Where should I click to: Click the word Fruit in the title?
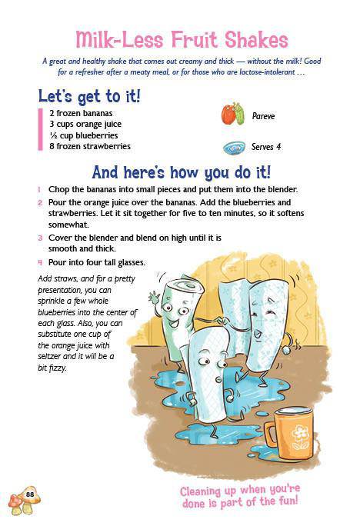(x=195, y=40)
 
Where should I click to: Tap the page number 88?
(x=30, y=494)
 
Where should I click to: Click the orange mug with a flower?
(x=287, y=434)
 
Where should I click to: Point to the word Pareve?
(x=263, y=116)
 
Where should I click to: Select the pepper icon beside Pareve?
(x=232, y=114)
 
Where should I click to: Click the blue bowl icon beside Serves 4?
(x=234, y=148)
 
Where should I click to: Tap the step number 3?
(x=40, y=238)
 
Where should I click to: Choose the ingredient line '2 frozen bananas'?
(x=81, y=113)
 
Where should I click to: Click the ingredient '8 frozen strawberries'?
(x=90, y=146)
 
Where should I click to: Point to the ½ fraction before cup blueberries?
(x=53, y=135)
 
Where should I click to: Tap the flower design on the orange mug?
(x=300, y=437)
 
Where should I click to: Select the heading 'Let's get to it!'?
(x=89, y=96)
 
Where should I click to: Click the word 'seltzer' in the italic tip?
(x=49, y=356)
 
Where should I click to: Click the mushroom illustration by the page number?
(x=24, y=500)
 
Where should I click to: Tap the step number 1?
(x=39, y=189)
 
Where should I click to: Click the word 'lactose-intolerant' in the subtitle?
(x=267, y=72)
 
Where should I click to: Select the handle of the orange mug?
(x=270, y=434)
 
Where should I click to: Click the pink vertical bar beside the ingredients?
(x=40, y=129)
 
